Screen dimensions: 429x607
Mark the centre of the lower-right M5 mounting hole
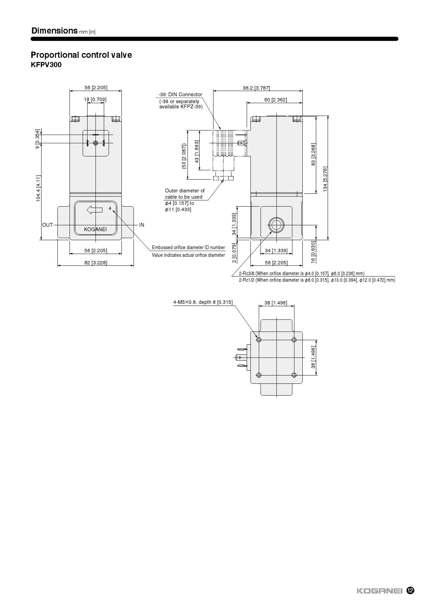(294, 375)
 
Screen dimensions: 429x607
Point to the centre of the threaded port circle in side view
(276, 225)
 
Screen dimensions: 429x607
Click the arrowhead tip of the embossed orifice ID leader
(112, 211)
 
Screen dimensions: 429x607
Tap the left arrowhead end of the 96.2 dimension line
(213, 91)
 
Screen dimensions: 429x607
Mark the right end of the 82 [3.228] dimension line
(134, 265)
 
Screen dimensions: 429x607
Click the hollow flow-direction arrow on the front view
(94, 209)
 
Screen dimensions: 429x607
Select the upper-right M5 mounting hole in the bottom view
(294, 340)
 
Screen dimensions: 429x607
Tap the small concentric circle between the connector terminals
(96, 143)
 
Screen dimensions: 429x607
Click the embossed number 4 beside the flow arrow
(110, 208)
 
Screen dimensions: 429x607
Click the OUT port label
(47, 225)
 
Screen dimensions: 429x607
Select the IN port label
(142, 225)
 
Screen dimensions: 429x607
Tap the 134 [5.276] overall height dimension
(325, 179)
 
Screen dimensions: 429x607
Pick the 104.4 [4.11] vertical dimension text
(38, 188)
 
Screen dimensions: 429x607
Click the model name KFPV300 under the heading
(46, 65)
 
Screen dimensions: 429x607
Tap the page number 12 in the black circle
(410, 590)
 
